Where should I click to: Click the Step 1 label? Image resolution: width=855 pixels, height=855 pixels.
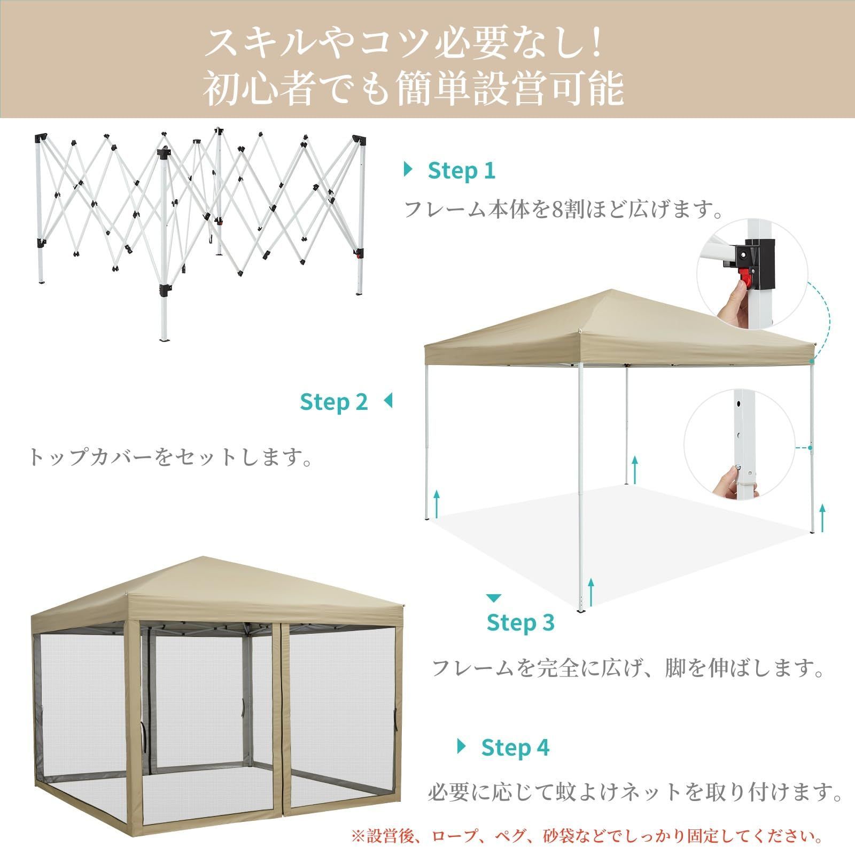[x=462, y=170]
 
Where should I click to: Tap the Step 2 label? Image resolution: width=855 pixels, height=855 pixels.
[x=334, y=401]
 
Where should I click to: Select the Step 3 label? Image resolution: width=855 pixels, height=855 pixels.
[x=520, y=623]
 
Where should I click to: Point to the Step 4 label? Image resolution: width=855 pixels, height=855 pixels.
[x=515, y=748]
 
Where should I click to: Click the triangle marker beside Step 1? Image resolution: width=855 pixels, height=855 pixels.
[x=409, y=170]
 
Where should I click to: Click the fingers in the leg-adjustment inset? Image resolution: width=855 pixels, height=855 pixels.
[x=727, y=478]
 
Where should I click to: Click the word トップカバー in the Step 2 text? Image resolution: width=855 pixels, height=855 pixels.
[x=91, y=457]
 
